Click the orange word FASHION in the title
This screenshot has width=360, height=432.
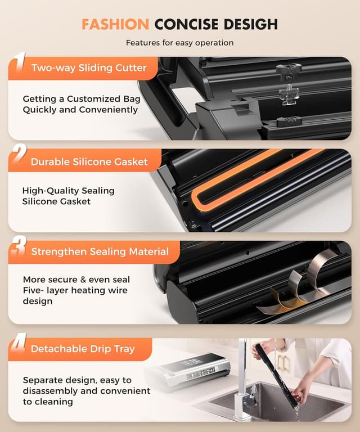click(115, 24)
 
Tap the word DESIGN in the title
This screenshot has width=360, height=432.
click(247, 24)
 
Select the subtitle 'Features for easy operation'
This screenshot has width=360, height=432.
click(179, 43)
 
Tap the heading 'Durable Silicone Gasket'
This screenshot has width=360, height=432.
click(89, 162)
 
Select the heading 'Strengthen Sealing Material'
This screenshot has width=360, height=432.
click(100, 251)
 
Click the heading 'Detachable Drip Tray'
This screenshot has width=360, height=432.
click(83, 349)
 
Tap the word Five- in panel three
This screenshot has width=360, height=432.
click(34, 290)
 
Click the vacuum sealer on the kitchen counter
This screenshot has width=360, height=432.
click(187, 370)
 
